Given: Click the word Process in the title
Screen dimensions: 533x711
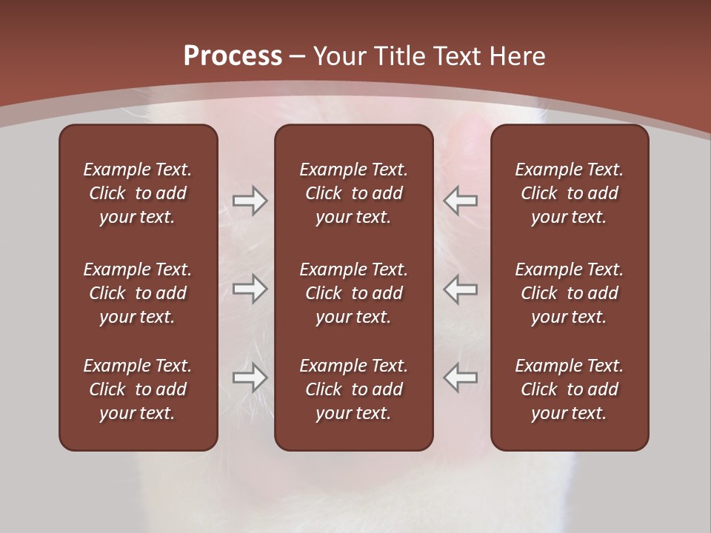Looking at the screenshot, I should (x=233, y=56).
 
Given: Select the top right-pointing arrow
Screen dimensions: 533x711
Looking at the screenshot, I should (x=250, y=201).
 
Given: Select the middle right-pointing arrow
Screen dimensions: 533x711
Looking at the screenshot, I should (x=250, y=289).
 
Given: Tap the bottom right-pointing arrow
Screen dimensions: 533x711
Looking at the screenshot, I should (x=250, y=378).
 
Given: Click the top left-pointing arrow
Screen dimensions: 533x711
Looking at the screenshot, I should (x=461, y=201).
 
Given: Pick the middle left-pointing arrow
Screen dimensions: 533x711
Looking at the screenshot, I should (x=461, y=289).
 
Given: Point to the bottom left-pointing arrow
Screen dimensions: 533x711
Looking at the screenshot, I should (x=461, y=378).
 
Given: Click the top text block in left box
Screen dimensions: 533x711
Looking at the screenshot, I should (x=138, y=193).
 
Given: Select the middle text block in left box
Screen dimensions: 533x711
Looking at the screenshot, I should (x=138, y=293).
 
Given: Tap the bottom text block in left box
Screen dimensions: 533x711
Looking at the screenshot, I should (x=138, y=389).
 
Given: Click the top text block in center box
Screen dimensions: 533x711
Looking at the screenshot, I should (x=353, y=193).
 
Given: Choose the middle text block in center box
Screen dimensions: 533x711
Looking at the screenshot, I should (x=353, y=293).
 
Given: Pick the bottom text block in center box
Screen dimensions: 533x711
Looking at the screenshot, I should (x=353, y=389).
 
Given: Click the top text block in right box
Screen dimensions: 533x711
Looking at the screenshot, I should (x=569, y=193).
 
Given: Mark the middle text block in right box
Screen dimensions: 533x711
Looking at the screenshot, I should (x=569, y=293).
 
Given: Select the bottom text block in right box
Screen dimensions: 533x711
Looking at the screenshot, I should (x=569, y=389).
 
